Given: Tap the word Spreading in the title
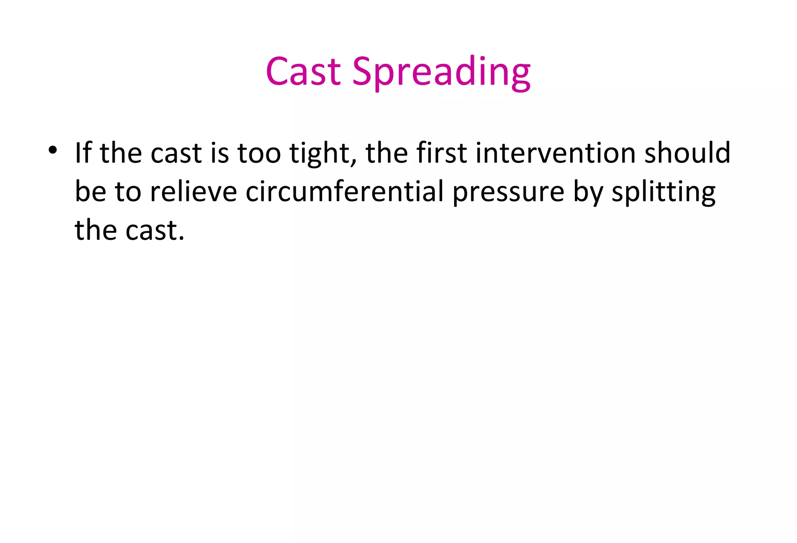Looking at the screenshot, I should coord(441,72).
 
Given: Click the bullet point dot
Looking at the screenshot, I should coord(53,150).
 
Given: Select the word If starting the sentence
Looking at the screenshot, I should coord(83,152).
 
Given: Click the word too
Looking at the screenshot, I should coord(259,152).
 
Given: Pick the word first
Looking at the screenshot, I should coord(442,152).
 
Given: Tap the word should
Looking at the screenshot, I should coord(687,152).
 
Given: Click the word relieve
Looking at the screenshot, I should coord(193,191).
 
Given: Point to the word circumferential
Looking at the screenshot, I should coord(345,191).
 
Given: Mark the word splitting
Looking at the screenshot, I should coord(663,192).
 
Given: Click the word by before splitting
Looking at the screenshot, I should coord(588,192).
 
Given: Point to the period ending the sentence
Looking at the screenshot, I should coord(181,238).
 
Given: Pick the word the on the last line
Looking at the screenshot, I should coord(96,230).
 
